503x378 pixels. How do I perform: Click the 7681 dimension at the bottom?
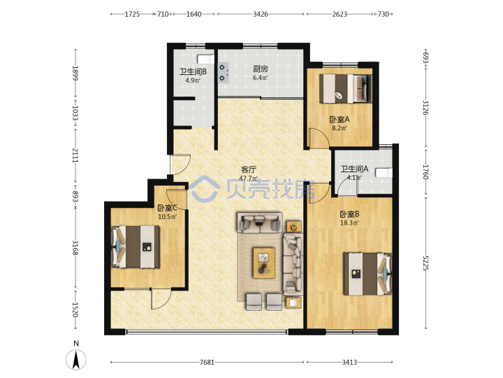pos(207,363)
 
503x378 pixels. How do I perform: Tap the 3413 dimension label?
pos(349,363)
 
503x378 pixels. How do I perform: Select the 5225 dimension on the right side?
pos(425,263)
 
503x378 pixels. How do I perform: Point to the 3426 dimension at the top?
pos(260,14)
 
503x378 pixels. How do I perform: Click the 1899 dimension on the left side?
pos(75,73)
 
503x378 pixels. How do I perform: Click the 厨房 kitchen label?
pos(260,69)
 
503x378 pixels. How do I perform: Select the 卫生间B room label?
pos(193,71)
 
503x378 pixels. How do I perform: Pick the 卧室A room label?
pos(340,120)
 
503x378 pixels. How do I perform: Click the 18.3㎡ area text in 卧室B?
pos(349,223)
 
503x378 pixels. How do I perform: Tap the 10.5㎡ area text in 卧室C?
pos(168,216)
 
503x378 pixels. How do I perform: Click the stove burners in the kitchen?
pos(224,73)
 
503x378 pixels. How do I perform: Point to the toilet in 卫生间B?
pos(205,59)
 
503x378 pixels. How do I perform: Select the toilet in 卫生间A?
pos(384,173)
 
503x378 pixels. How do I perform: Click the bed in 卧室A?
pos(346,89)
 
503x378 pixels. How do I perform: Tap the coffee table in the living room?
pos(264,262)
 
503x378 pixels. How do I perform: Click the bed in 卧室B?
pos(367,274)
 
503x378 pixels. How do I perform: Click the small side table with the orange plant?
pos(294,227)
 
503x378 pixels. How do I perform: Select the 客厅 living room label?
pos(249,169)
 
